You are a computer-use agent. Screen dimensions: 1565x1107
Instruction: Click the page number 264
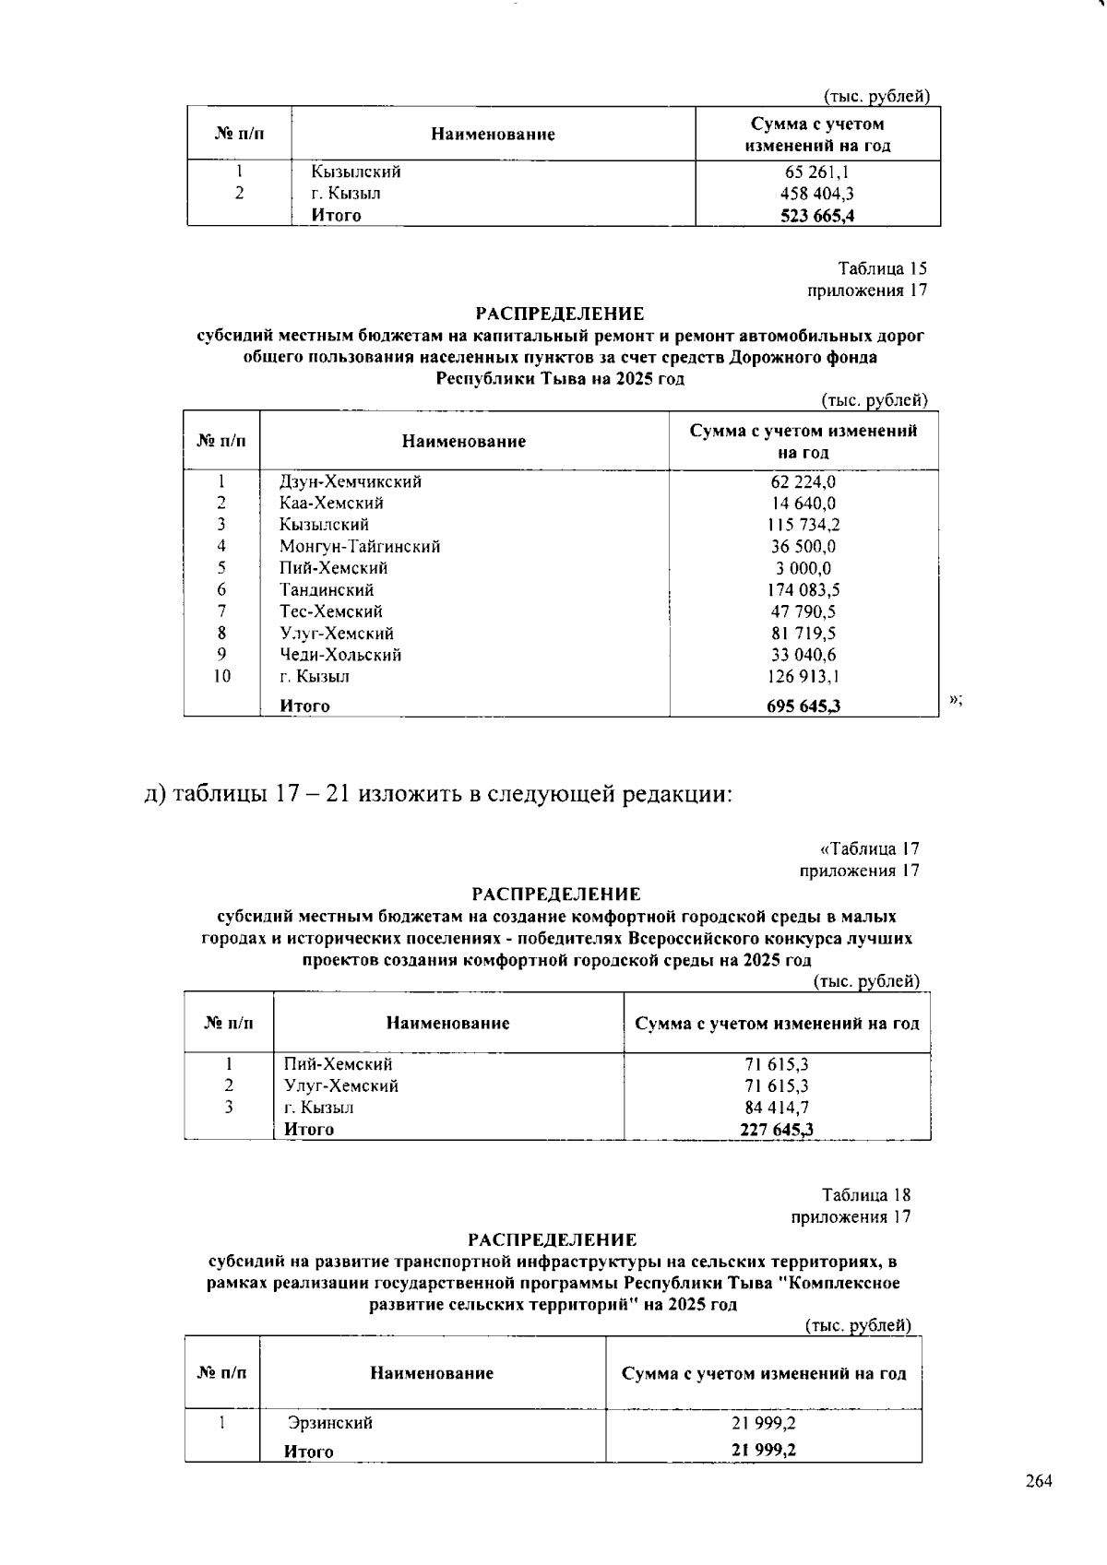point(1038,1482)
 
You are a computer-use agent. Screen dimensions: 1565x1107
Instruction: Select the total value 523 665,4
point(816,216)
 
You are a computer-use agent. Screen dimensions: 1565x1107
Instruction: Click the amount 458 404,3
point(816,194)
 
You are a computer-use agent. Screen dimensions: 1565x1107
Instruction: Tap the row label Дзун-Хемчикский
point(351,481)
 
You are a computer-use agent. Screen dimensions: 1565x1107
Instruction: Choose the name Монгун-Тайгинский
point(360,547)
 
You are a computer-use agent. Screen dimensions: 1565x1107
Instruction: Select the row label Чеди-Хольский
point(340,656)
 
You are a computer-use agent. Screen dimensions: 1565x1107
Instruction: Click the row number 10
point(221,676)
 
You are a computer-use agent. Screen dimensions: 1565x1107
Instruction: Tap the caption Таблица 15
point(882,269)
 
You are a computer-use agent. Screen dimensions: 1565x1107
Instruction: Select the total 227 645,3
point(777,1130)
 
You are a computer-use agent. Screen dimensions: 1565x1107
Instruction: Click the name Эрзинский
point(330,1423)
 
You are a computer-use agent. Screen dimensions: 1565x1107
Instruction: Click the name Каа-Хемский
point(331,504)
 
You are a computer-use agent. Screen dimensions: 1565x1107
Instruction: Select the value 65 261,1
point(816,172)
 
